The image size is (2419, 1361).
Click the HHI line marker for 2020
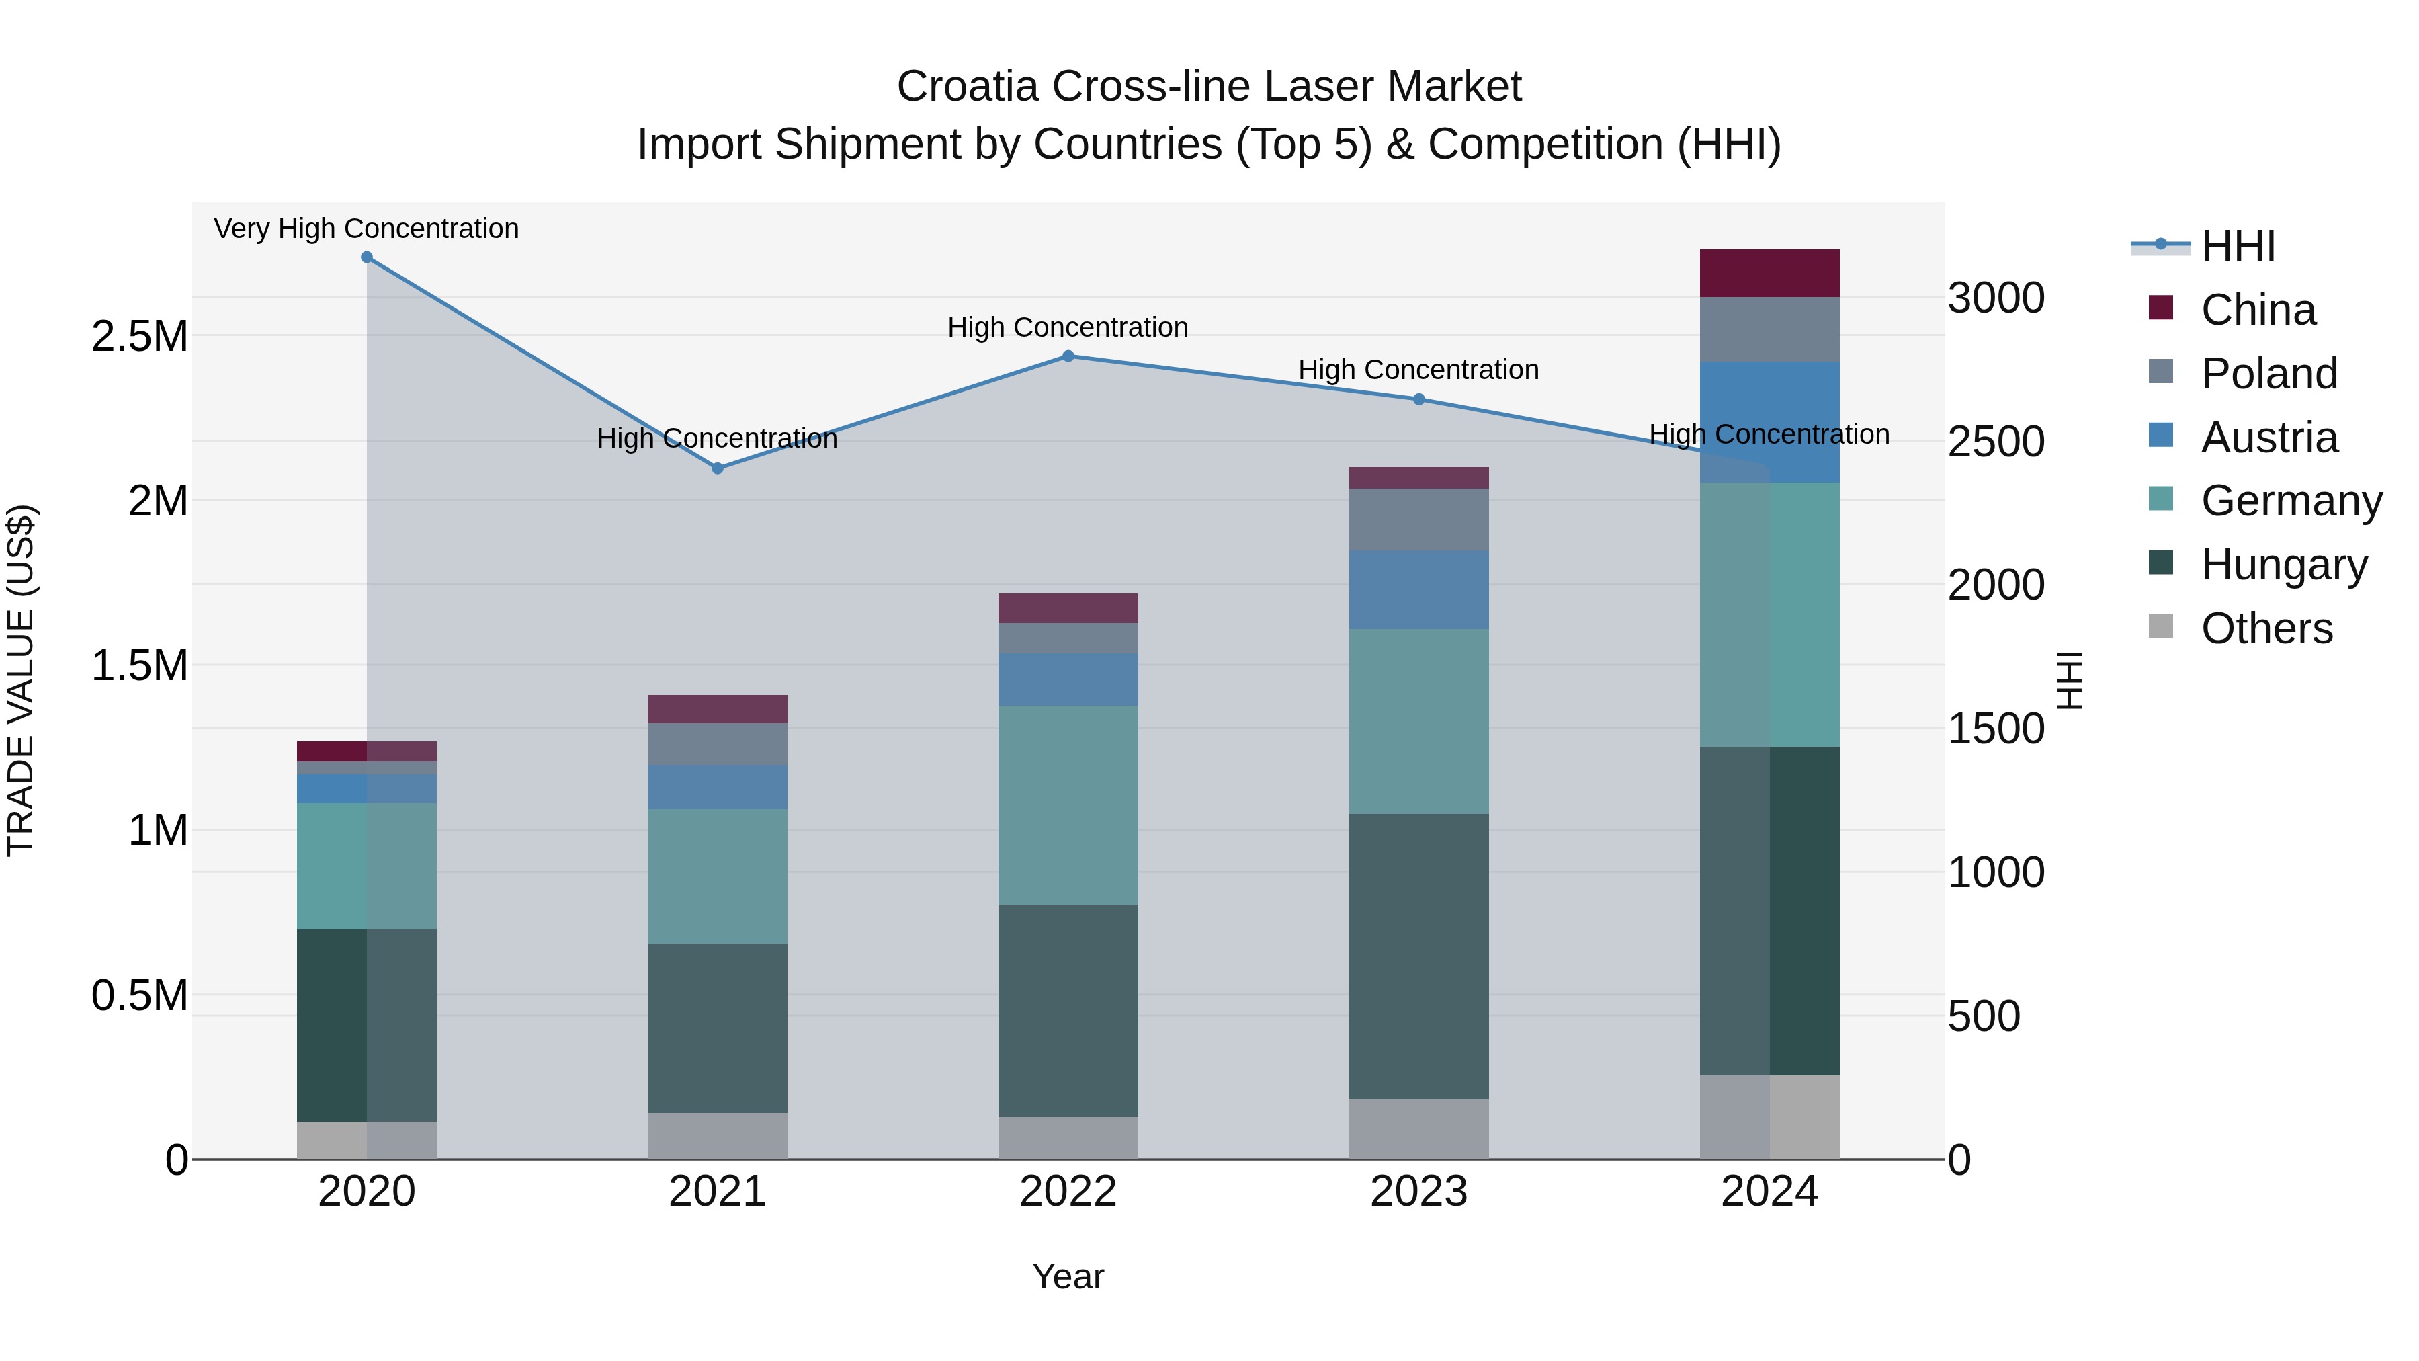367,257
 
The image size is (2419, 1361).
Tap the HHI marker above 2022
1068,356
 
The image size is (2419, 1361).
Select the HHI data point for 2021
718,468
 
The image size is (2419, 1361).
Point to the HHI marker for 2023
1419,399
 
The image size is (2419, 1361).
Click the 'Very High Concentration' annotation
366,229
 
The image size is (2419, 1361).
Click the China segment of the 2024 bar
1769,274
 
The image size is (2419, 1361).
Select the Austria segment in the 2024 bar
1769,421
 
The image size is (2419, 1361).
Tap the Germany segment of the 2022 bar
1068,805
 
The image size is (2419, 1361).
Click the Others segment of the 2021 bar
718,1136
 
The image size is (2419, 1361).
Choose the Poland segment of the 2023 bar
1419,520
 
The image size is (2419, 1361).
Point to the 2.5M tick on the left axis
140,336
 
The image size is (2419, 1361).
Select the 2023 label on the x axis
1419,1191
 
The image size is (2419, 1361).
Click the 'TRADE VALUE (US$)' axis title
21,680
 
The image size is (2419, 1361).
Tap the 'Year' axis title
1068,1276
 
